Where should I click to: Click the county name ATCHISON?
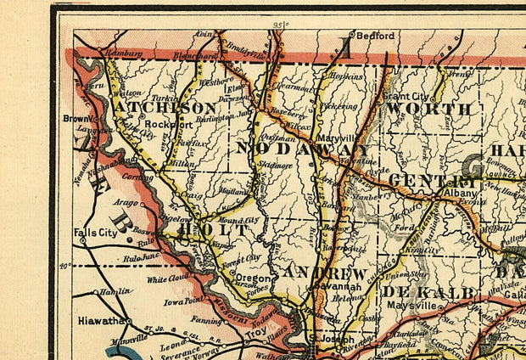(165, 109)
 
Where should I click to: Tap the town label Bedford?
(375, 37)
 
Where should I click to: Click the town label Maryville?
(333, 136)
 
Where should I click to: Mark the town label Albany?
(462, 194)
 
